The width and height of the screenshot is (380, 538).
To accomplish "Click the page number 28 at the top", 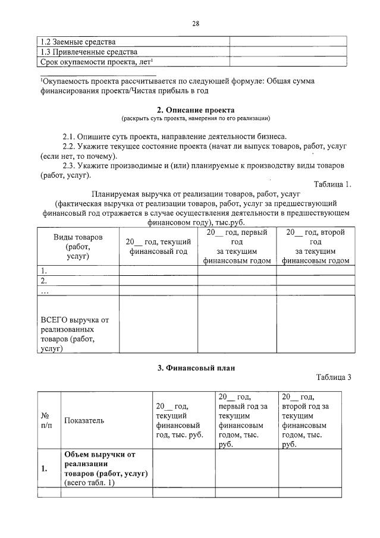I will point(195,24).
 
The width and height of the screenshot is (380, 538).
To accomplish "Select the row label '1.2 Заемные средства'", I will point(77,42).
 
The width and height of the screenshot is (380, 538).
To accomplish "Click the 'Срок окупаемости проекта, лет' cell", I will point(96,61).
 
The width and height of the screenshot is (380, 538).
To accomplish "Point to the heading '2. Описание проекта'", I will point(196,110).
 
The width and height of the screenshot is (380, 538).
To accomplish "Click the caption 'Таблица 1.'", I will point(332,184).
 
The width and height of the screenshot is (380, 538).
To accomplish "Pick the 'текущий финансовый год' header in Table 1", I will point(158,247).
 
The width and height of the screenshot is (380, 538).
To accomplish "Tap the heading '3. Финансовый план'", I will point(196,368).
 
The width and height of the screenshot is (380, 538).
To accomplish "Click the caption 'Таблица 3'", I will point(334,377).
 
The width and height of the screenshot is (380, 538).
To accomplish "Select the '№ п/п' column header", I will point(46,420).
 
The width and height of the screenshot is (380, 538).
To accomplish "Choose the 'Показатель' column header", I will point(84,420).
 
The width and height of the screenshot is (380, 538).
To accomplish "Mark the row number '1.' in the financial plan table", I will point(45,468).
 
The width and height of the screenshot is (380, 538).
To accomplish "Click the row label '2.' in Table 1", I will point(43,281).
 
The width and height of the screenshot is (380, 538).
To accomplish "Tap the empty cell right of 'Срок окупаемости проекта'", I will point(288,61).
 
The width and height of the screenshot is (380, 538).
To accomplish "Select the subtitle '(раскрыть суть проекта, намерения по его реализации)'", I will point(196,119).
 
